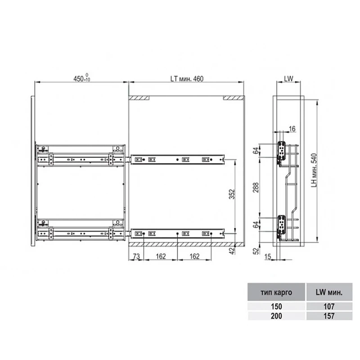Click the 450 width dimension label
click(x=82, y=78)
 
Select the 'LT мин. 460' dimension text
click(x=187, y=79)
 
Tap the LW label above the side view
click(x=288, y=78)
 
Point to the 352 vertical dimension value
click(x=232, y=194)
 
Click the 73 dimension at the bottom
click(x=136, y=256)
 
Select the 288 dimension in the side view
click(x=256, y=188)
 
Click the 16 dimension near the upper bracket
click(x=292, y=129)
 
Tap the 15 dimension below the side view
click(x=268, y=256)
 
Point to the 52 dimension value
click(x=256, y=251)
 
